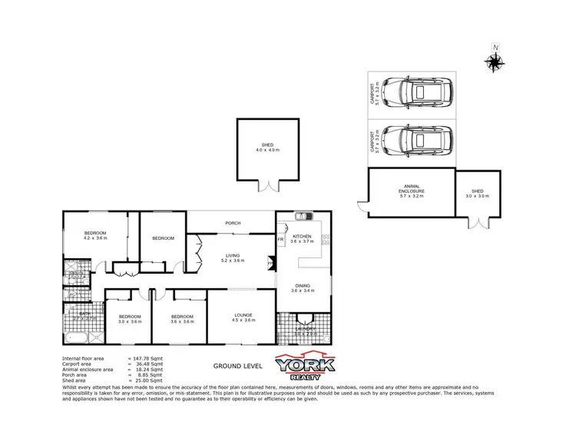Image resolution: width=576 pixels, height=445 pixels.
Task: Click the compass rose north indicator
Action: coord(495,61)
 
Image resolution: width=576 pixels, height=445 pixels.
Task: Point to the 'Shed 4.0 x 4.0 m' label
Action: coord(267,147)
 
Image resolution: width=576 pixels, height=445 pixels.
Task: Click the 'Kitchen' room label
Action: coord(301,238)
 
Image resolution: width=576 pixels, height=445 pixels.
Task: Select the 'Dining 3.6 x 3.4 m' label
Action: coord(300,288)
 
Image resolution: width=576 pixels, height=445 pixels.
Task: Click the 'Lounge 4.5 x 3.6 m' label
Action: coord(243,317)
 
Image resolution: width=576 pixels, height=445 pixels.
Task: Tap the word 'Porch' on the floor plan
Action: coord(233,224)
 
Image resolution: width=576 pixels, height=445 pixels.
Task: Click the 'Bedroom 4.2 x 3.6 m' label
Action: coord(95,235)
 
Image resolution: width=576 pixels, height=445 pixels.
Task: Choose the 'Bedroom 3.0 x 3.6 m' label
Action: coord(129,319)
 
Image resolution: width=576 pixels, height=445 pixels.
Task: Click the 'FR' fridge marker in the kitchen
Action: coord(281,240)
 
